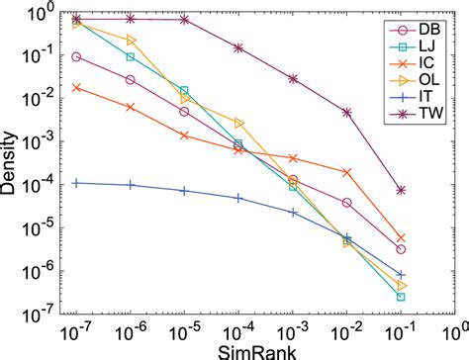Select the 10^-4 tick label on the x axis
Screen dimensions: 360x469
pyautogui.click(x=238, y=330)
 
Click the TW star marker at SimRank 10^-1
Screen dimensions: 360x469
pyautogui.click(x=401, y=190)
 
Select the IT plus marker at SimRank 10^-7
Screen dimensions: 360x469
pyautogui.click(x=77, y=183)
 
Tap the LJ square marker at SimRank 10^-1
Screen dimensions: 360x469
pyautogui.click(x=401, y=297)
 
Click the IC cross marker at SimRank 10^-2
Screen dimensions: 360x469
pyautogui.click(x=346, y=172)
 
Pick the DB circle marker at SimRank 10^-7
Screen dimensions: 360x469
pyautogui.click(x=77, y=57)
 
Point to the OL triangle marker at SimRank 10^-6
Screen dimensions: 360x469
pyautogui.click(x=131, y=40)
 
